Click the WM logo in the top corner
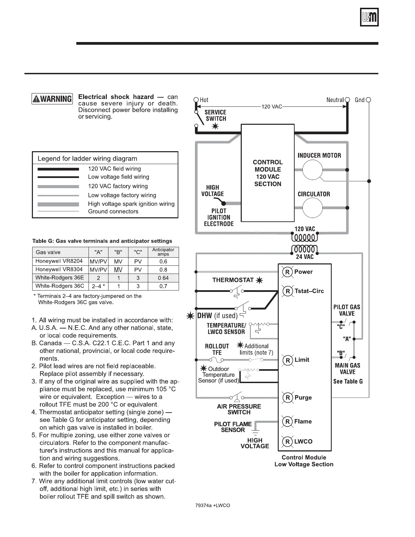point(369,17)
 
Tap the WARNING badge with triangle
point(52,99)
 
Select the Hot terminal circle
point(196,100)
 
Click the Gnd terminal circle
point(369,100)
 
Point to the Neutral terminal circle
point(347,100)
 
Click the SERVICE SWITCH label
point(216,115)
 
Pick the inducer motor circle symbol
point(312,170)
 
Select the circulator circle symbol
point(312,207)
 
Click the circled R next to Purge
point(288,398)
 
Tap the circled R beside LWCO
point(288,442)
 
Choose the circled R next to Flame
point(288,422)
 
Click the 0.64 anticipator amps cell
point(163,278)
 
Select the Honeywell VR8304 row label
point(59,270)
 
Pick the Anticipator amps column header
point(163,252)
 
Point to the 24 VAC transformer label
point(304,257)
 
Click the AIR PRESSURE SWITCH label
point(239,409)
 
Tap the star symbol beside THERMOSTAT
point(259,280)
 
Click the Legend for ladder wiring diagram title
point(87,159)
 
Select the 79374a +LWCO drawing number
point(213,505)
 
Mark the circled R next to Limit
point(288,360)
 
